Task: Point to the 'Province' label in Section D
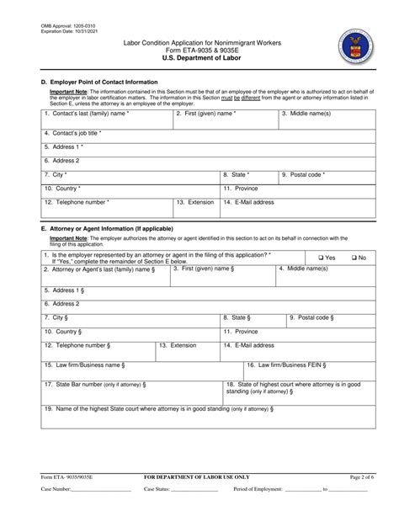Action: tap(245, 189)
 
